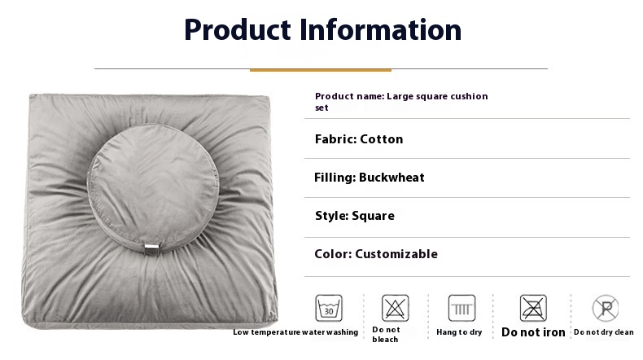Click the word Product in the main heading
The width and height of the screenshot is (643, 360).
(238, 30)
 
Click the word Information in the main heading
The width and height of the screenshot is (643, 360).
(381, 30)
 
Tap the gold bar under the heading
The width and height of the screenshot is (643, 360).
(320, 70)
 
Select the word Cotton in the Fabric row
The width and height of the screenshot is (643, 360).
(382, 139)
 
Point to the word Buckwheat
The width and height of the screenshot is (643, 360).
(391, 178)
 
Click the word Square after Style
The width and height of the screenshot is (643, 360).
(373, 216)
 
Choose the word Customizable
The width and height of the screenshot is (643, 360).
(396, 254)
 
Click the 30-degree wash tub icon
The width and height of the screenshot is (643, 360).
(329, 308)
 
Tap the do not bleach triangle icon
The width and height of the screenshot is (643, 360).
(396, 308)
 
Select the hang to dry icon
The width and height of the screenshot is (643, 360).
(461, 308)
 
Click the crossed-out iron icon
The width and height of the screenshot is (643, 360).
(533, 308)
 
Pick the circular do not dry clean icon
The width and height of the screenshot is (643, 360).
(606, 308)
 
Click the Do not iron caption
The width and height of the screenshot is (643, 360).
(533, 332)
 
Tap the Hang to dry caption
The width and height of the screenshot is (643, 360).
(459, 332)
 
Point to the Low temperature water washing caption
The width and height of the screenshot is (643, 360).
(295, 332)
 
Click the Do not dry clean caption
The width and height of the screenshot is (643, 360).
(604, 332)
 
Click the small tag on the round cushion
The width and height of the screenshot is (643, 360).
(151, 248)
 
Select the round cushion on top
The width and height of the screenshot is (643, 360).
(153, 188)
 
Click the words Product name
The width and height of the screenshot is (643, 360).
(350, 96)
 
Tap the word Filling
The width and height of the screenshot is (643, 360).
(335, 178)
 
